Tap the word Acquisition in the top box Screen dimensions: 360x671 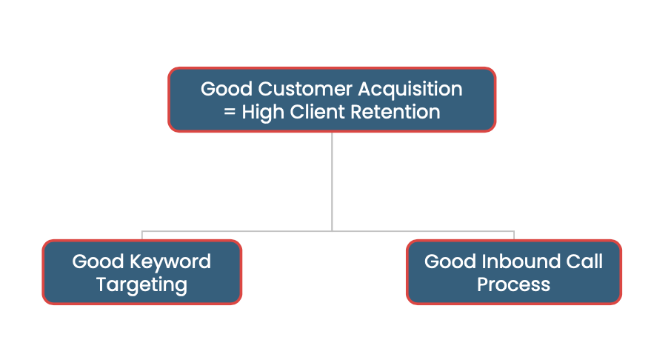point(410,89)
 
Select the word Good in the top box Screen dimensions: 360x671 point(227,89)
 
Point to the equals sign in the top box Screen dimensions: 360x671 point(229,113)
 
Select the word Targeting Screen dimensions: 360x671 point(141,284)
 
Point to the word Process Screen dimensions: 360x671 point(513,284)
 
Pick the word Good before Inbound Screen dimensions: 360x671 point(450,261)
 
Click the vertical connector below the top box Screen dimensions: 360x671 point(332,178)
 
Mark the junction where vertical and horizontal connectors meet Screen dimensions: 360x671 point(332,230)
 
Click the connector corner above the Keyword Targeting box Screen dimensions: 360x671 point(142,231)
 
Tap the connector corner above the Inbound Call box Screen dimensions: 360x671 point(513,231)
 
